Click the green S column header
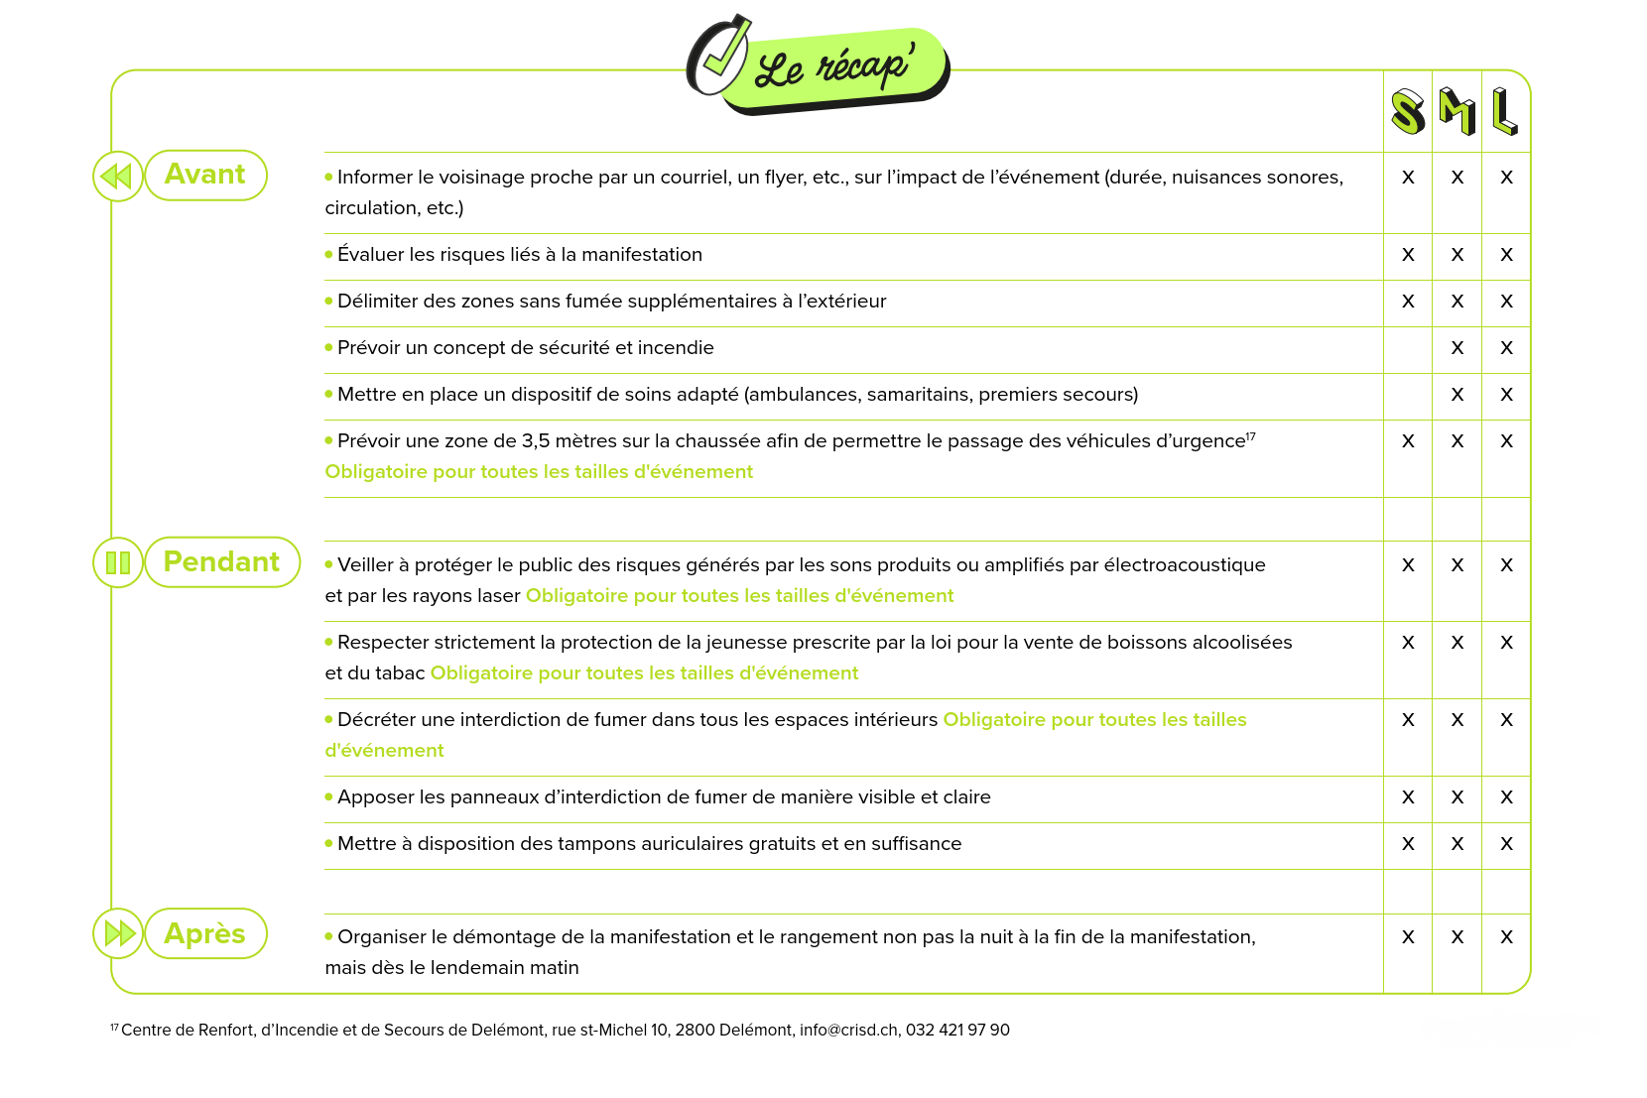(1407, 111)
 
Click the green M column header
(1457, 111)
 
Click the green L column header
(1505, 111)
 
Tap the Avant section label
(205, 175)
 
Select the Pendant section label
(221, 562)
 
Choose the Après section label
(205, 933)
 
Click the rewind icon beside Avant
(117, 177)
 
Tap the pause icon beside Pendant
(118, 562)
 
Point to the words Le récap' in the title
(834, 68)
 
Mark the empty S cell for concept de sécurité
(1407, 348)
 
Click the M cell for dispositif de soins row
(1457, 395)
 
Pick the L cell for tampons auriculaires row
(1506, 844)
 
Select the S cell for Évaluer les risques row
(1407, 255)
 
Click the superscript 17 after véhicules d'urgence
(1251, 435)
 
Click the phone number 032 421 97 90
(957, 1031)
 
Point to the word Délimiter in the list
(377, 302)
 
